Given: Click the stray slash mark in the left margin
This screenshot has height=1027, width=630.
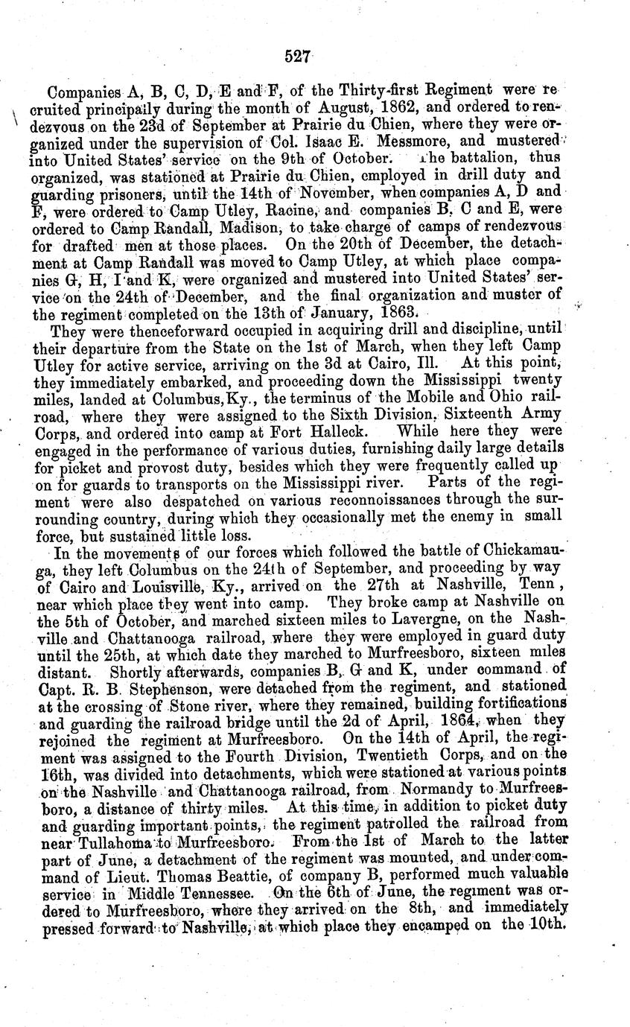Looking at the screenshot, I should pos(15,117).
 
